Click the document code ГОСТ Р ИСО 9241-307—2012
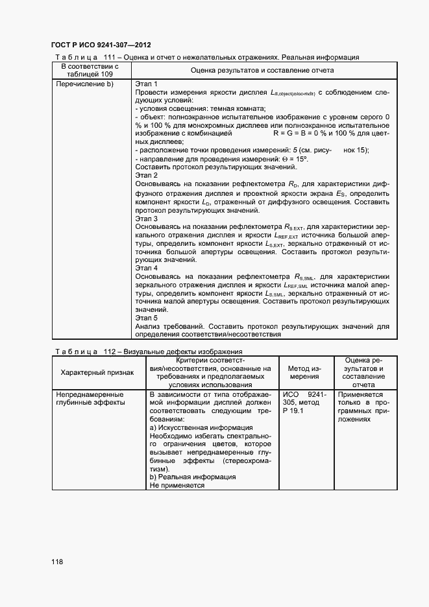pyautogui.click(x=101, y=45)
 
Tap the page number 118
pyautogui.click(x=57, y=562)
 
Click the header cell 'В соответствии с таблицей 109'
pyautogui.click(x=90, y=69)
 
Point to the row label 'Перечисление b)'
pyautogui.click(x=85, y=84)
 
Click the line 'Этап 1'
pyautogui.click(x=146, y=84)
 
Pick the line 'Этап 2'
pyautogui.click(x=146, y=175)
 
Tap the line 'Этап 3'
pyautogui.click(x=146, y=219)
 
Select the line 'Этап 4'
pyautogui.click(x=146, y=267)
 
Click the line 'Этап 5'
pyautogui.click(x=146, y=318)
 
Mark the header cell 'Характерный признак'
pyautogui.click(x=97, y=373)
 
